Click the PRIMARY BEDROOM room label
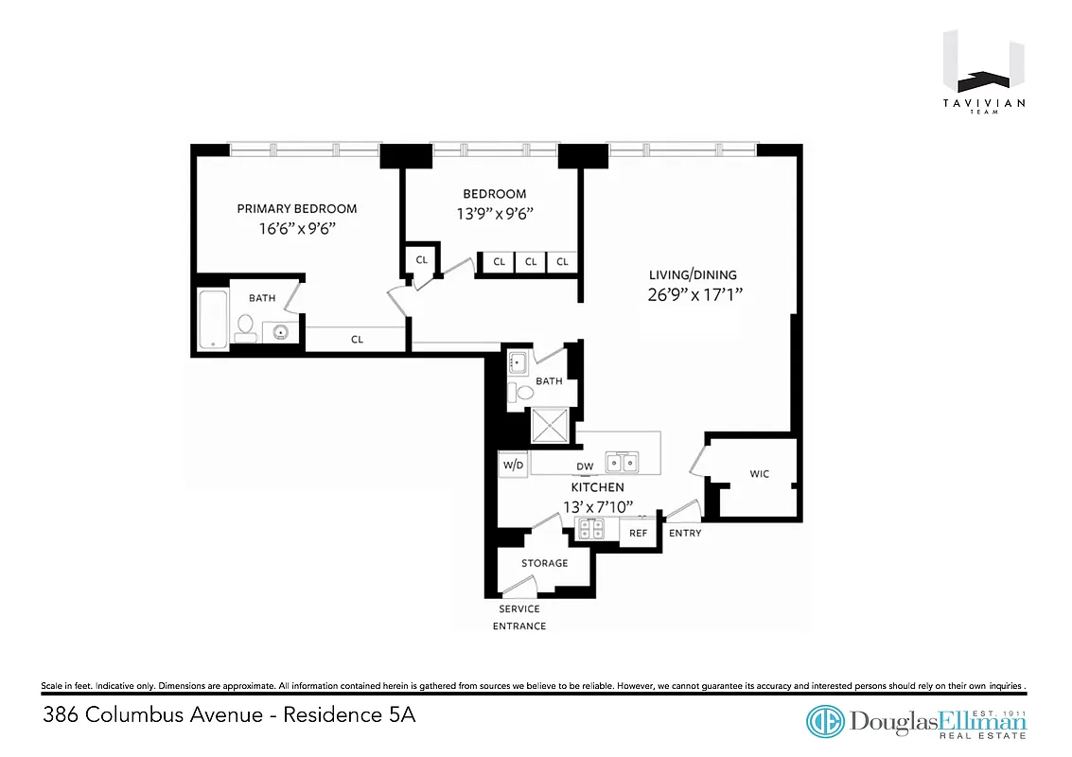(296, 209)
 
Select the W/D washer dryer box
(513, 466)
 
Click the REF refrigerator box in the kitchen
(639, 533)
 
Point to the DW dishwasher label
(585, 467)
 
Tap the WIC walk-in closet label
(760, 474)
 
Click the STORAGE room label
(544, 563)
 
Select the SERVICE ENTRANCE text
(519, 617)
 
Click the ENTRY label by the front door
(685, 534)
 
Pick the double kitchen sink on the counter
(622, 462)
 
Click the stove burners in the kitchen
(591, 529)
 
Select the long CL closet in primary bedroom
(357, 339)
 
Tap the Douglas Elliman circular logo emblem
(825, 722)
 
